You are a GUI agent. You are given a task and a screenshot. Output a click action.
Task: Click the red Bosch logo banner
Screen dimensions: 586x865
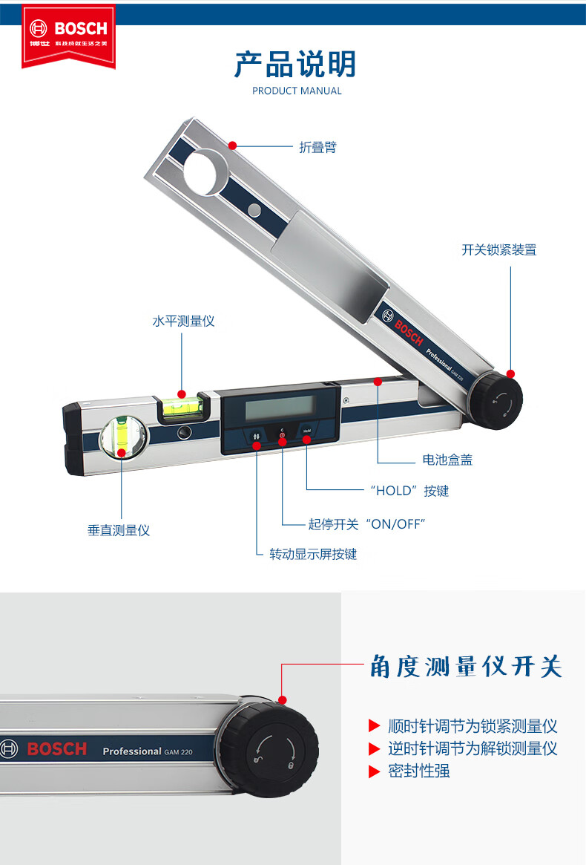tap(68, 36)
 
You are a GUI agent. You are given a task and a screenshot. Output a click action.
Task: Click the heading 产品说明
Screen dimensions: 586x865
tap(295, 65)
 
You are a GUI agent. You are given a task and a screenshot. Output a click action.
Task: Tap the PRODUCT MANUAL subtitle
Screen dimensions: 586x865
tap(297, 91)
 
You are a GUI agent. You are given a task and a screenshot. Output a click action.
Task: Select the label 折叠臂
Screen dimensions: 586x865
tap(317, 147)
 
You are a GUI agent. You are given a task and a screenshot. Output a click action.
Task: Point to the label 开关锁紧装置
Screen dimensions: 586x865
tap(499, 250)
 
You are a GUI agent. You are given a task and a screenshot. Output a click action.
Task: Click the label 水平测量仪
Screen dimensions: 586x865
tap(183, 321)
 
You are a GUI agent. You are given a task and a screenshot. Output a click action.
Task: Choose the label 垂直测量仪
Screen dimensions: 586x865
tap(119, 530)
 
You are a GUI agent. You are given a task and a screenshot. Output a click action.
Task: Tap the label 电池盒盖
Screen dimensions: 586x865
tap(447, 460)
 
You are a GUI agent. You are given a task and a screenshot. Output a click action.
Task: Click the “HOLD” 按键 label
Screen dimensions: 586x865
tap(409, 491)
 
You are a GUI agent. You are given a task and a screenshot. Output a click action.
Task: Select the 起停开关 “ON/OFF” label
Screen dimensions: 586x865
tap(367, 524)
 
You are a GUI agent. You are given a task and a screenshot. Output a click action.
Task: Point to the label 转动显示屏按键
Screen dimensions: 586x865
tap(313, 554)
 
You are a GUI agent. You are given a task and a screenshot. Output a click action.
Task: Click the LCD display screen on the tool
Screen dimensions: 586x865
tap(280, 409)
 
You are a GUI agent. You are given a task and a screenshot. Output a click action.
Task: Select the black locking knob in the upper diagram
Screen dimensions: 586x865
tap(495, 400)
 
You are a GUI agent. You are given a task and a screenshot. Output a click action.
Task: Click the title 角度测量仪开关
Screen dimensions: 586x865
tap(466, 667)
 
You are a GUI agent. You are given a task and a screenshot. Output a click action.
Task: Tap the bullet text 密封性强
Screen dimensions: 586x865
tap(419, 771)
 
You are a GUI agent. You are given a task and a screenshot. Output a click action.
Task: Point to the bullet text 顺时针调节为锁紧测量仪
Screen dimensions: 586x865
tap(473, 726)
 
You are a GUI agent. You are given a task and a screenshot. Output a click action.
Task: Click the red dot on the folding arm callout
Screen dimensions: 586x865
tap(233, 146)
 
